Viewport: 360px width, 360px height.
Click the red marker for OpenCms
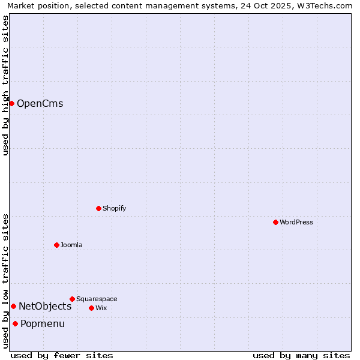pos(11,103)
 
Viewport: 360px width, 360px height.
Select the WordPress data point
pos(275,222)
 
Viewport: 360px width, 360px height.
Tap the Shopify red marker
pos(99,208)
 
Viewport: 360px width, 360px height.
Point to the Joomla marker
pos(57,245)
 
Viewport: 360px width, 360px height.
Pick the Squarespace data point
pos(73,299)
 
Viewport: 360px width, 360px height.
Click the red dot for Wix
pos(92,308)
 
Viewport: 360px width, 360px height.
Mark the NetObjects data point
pos(13,306)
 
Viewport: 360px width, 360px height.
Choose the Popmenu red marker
pos(15,323)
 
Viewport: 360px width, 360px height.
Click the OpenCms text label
pos(40,103)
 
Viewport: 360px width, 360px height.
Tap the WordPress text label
pos(296,222)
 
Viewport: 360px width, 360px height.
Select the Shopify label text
pos(114,208)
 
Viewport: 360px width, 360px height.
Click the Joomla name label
pos(71,245)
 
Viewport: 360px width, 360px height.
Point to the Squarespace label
pos(97,299)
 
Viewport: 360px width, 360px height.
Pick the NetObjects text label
pos(45,306)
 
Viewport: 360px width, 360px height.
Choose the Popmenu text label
pos(43,323)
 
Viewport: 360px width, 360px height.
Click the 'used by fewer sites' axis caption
pos(62,355)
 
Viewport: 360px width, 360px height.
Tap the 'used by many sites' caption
pos(301,355)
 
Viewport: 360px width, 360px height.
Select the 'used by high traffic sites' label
pos(5,85)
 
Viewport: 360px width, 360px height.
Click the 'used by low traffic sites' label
pos(5,281)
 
